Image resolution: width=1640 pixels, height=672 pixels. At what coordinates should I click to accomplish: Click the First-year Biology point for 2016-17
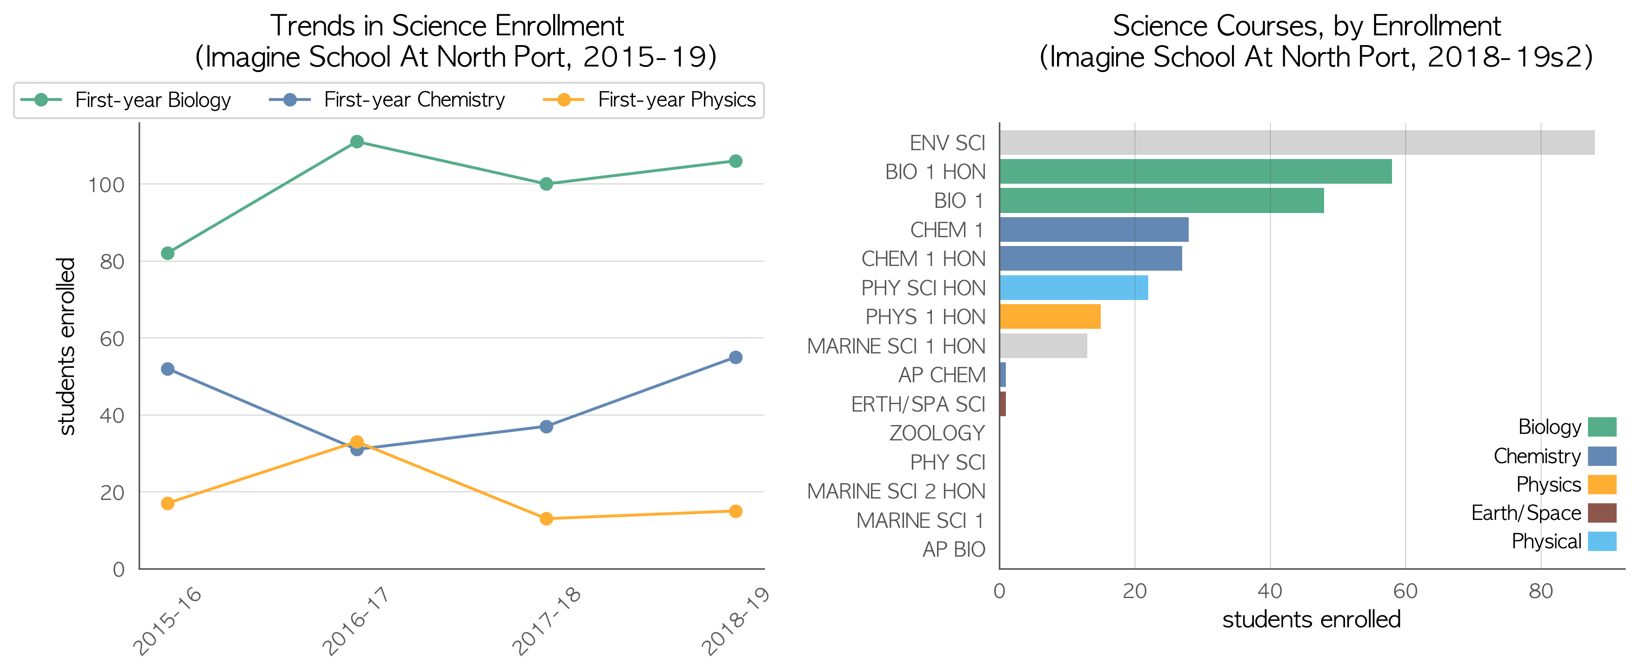357,141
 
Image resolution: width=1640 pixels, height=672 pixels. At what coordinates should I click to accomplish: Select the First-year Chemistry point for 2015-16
167,369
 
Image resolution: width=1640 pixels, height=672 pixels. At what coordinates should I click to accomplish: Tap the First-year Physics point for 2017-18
546,519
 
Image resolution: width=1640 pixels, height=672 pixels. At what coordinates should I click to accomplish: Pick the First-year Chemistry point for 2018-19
736,358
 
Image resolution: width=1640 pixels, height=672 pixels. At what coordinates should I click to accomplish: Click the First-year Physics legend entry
649,100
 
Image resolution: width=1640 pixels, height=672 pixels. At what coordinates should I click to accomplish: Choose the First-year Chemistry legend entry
387,100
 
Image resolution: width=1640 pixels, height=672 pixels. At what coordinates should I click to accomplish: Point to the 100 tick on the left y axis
106,185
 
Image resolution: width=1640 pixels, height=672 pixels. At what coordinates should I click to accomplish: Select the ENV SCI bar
1297,143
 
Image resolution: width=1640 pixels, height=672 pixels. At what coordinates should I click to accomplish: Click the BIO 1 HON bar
1196,172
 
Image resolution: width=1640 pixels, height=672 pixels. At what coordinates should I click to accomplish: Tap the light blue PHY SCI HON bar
1074,288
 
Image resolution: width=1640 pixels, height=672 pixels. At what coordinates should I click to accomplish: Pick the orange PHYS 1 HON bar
1050,317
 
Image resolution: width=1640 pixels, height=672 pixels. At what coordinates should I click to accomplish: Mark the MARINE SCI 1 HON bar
1044,346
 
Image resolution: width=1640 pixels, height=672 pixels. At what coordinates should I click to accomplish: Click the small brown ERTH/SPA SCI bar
1003,404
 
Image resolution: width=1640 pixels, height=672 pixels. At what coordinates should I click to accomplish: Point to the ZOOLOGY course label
937,433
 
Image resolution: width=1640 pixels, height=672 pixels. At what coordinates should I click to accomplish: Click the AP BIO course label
954,549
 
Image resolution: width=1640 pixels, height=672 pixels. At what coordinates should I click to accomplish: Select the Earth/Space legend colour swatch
1602,513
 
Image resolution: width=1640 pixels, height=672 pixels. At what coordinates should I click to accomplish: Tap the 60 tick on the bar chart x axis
1406,591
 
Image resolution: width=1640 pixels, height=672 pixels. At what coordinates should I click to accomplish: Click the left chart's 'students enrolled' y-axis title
66,346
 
